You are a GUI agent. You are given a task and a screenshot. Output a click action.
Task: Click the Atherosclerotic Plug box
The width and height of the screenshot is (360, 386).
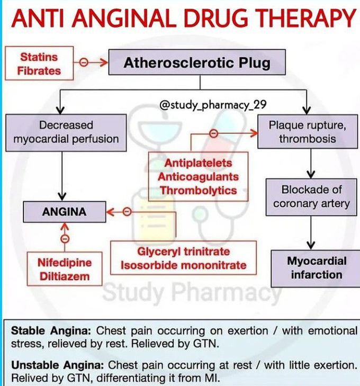tap(197, 64)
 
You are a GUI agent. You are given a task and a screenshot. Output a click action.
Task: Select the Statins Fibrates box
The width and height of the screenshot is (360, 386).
tap(39, 64)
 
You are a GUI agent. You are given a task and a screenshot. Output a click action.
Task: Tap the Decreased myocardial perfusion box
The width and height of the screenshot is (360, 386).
tap(66, 132)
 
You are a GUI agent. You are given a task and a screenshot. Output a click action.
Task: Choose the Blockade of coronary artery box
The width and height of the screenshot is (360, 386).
tap(311, 196)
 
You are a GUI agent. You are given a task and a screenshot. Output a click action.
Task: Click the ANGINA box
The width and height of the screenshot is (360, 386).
tap(64, 212)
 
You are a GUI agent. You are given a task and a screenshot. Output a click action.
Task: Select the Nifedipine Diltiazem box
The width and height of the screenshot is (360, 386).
tap(65, 270)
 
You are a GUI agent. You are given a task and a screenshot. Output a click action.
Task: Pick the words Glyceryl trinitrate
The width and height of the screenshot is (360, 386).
tap(183, 252)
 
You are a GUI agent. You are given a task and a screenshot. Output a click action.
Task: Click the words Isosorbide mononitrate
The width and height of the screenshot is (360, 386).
tap(183, 265)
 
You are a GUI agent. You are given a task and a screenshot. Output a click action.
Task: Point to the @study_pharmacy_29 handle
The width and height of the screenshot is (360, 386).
tap(213, 104)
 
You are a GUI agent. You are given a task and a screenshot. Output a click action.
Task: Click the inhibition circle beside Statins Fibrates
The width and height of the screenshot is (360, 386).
tap(83, 62)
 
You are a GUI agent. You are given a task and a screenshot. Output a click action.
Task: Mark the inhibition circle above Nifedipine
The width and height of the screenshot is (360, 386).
tap(65, 239)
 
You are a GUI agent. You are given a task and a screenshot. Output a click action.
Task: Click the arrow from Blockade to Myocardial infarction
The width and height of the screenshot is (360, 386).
tap(311, 230)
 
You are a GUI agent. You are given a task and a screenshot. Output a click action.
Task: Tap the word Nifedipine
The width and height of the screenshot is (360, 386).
tap(65, 263)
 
